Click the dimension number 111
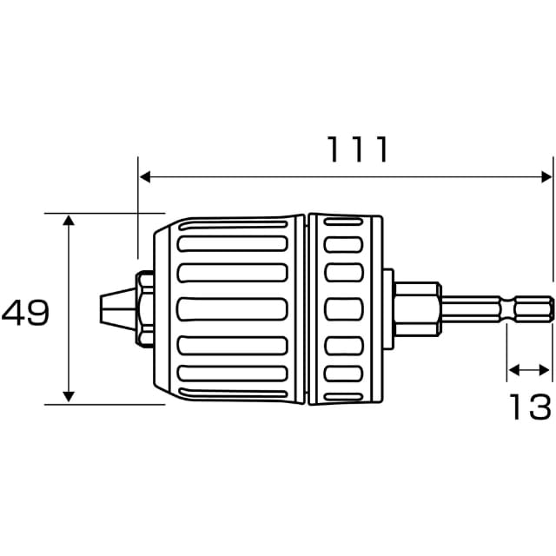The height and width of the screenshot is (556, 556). tap(357, 149)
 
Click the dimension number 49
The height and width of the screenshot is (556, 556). tap(25, 313)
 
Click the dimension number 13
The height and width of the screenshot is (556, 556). tap(530, 407)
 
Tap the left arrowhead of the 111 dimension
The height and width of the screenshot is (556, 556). tap(145, 176)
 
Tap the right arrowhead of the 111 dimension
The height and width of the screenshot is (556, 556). tap(546, 176)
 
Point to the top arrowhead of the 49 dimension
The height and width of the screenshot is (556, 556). tap(69, 220)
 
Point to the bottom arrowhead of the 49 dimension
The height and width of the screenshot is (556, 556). tap(69, 396)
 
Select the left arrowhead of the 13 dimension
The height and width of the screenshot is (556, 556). tap(514, 370)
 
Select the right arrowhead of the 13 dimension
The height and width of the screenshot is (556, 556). tap(545, 370)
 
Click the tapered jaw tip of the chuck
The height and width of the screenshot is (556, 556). tap(118, 308)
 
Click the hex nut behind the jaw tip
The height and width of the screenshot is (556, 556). tap(145, 308)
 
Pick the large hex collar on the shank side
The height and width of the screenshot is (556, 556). tap(417, 309)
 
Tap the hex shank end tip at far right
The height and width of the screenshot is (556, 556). tap(553, 309)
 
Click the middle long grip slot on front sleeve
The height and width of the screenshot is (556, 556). tap(233, 309)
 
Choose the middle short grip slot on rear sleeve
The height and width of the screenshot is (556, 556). tap(344, 309)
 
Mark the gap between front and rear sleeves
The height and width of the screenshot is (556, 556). tap(307, 309)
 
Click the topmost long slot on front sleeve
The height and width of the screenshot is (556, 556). tap(233, 224)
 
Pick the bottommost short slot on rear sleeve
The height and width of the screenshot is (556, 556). tap(343, 397)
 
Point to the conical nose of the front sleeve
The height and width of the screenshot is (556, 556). tap(162, 308)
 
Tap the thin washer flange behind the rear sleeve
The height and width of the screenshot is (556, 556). tap(388, 309)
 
